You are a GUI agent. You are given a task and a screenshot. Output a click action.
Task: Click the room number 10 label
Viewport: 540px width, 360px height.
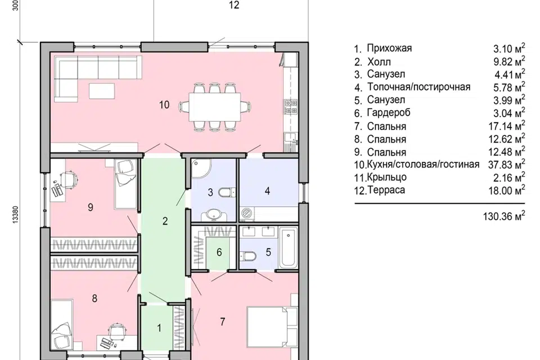tap(164, 105)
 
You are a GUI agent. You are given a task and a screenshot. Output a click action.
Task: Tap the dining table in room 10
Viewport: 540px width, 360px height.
tap(214, 107)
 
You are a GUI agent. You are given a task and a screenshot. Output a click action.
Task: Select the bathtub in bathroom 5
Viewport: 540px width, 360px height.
tap(288, 247)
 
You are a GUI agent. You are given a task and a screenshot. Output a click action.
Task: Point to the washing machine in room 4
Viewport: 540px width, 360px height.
tap(246, 213)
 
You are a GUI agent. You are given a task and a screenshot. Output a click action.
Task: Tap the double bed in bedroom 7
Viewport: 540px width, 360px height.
tap(272, 327)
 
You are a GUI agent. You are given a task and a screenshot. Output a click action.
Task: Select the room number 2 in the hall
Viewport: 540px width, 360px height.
tap(165, 221)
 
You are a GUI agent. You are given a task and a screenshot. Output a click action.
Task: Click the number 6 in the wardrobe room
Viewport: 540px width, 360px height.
tap(219, 253)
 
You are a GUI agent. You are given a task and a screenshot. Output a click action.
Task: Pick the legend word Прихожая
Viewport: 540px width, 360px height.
tap(389, 48)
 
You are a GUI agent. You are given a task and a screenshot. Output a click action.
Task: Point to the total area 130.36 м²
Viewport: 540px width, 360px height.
tap(504, 216)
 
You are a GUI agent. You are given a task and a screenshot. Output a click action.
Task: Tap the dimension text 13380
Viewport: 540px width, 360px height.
tap(16, 215)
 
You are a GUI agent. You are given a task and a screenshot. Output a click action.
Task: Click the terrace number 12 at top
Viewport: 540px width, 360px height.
tap(234, 5)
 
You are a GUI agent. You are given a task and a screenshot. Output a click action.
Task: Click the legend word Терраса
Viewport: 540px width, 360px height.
tap(386, 190)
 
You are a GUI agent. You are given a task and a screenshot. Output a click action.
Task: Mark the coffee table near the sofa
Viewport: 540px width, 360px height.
tap(102, 91)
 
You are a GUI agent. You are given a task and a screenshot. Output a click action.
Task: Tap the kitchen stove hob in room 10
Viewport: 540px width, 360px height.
tap(291, 107)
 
